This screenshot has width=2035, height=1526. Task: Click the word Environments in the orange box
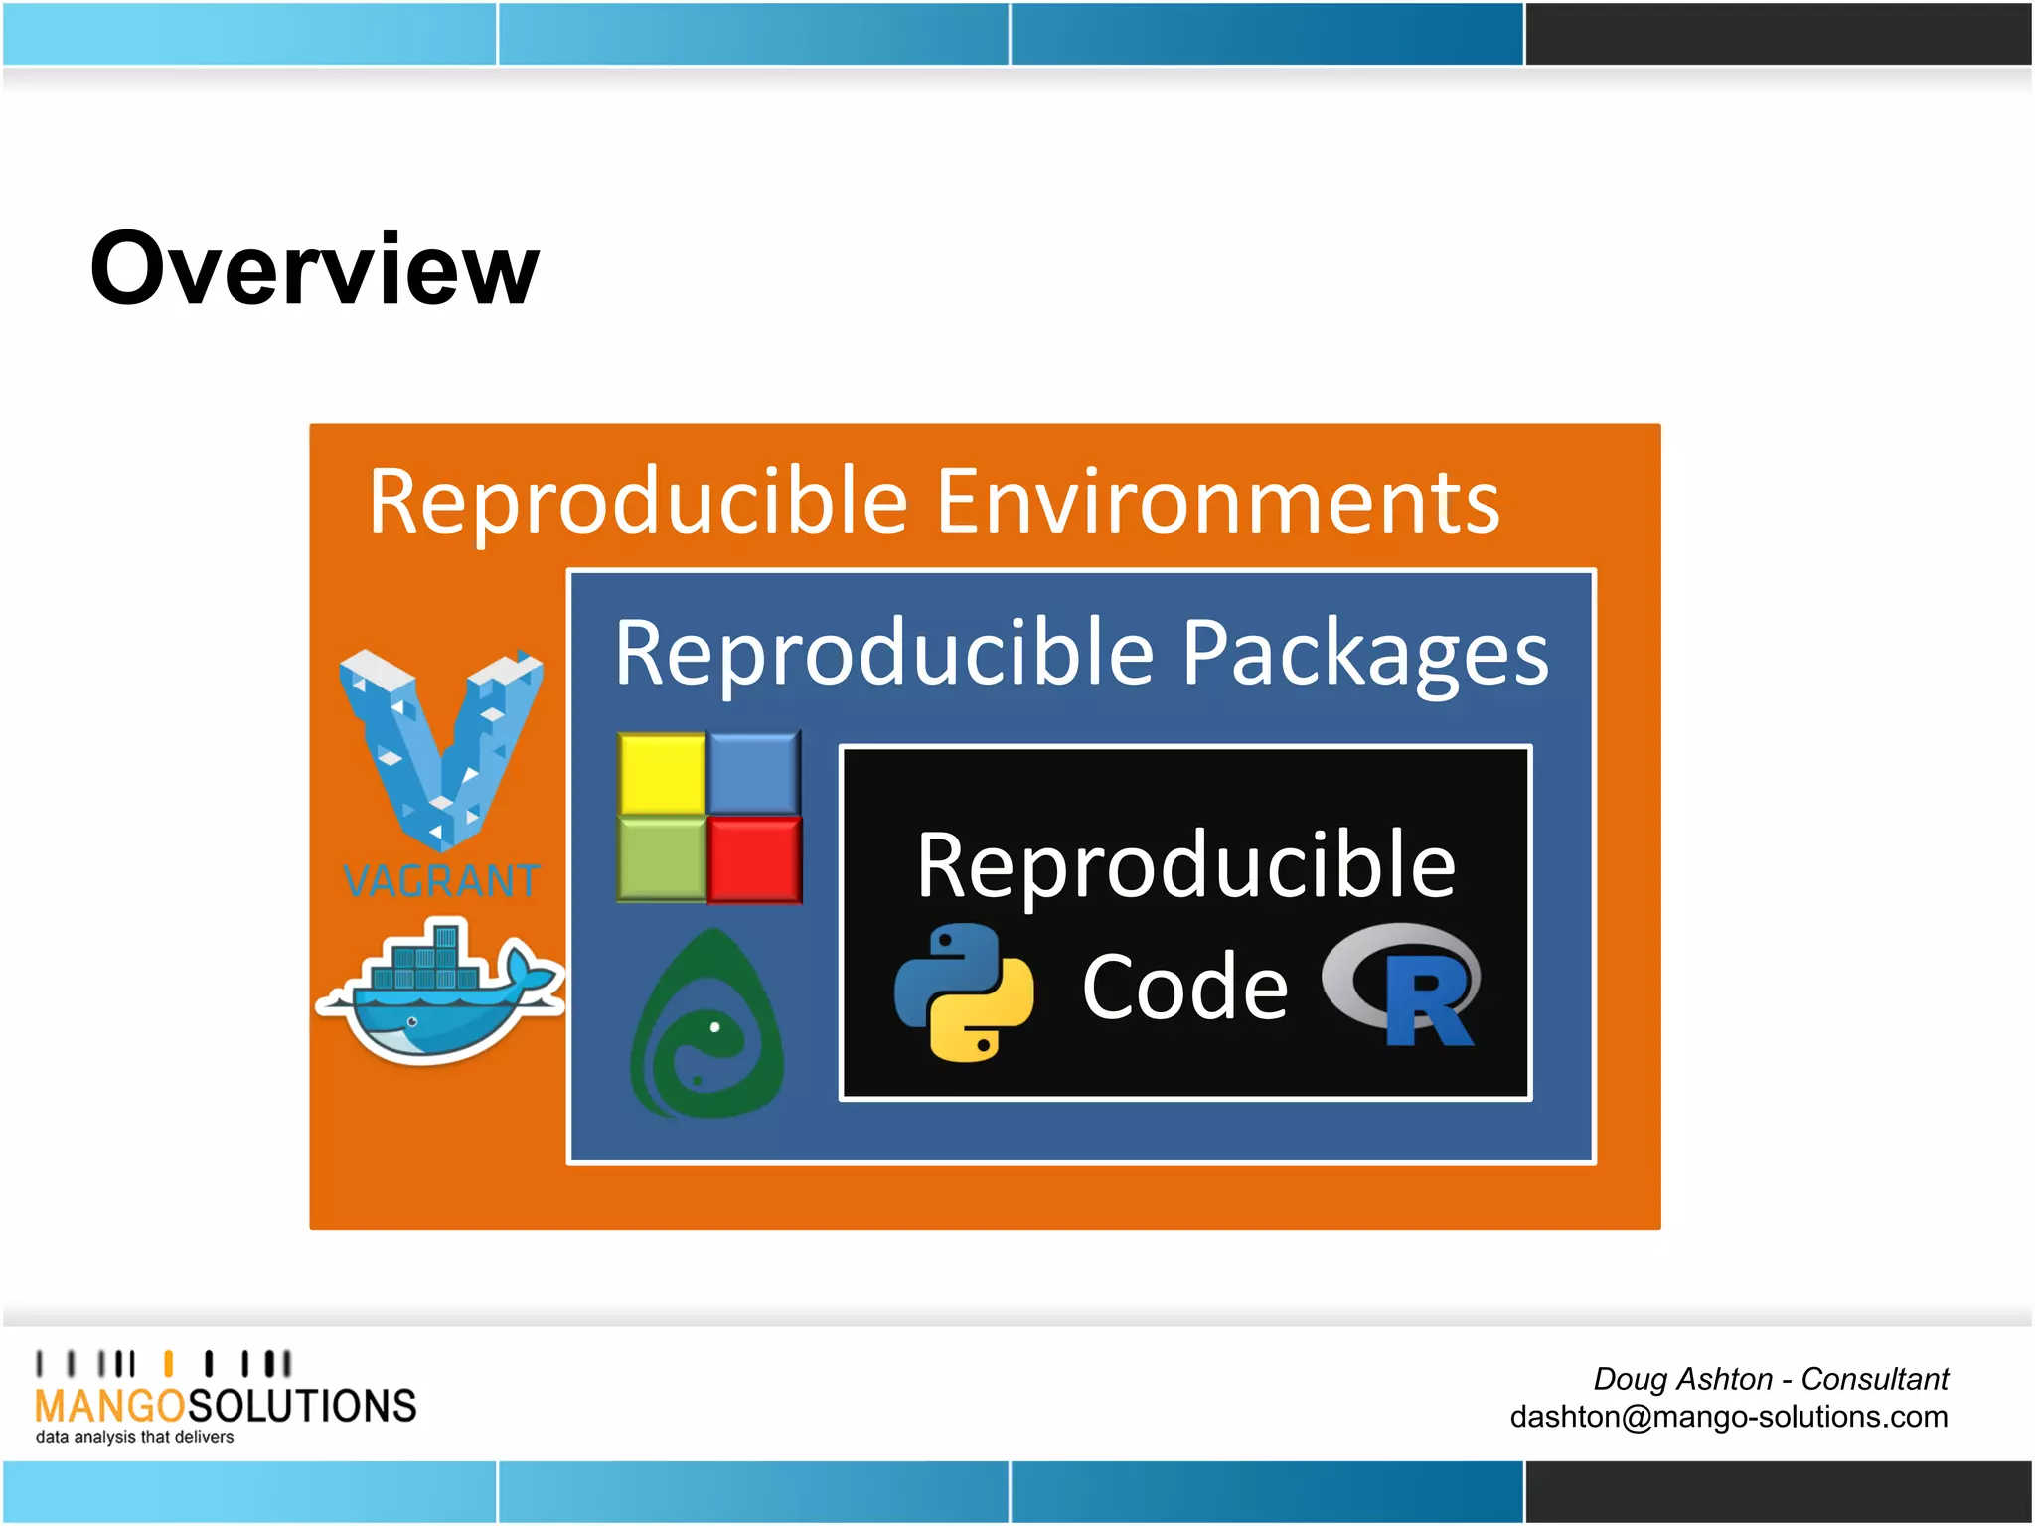tap(1217, 502)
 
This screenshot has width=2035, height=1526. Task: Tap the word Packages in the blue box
tap(1364, 654)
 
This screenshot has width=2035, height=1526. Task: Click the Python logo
tap(963, 992)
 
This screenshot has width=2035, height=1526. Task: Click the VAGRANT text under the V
tap(440, 881)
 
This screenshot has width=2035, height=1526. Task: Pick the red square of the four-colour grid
tap(755, 859)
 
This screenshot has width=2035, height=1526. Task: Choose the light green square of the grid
tap(662, 859)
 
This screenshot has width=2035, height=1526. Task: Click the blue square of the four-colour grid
tap(755, 773)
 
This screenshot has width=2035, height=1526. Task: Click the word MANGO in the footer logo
tap(109, 1406)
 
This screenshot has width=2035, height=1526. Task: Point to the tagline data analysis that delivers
tap(134, 1438)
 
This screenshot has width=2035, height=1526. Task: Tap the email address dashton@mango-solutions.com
tap(1728, 1417)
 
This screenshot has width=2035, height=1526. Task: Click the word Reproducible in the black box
tap(1185, 866)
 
